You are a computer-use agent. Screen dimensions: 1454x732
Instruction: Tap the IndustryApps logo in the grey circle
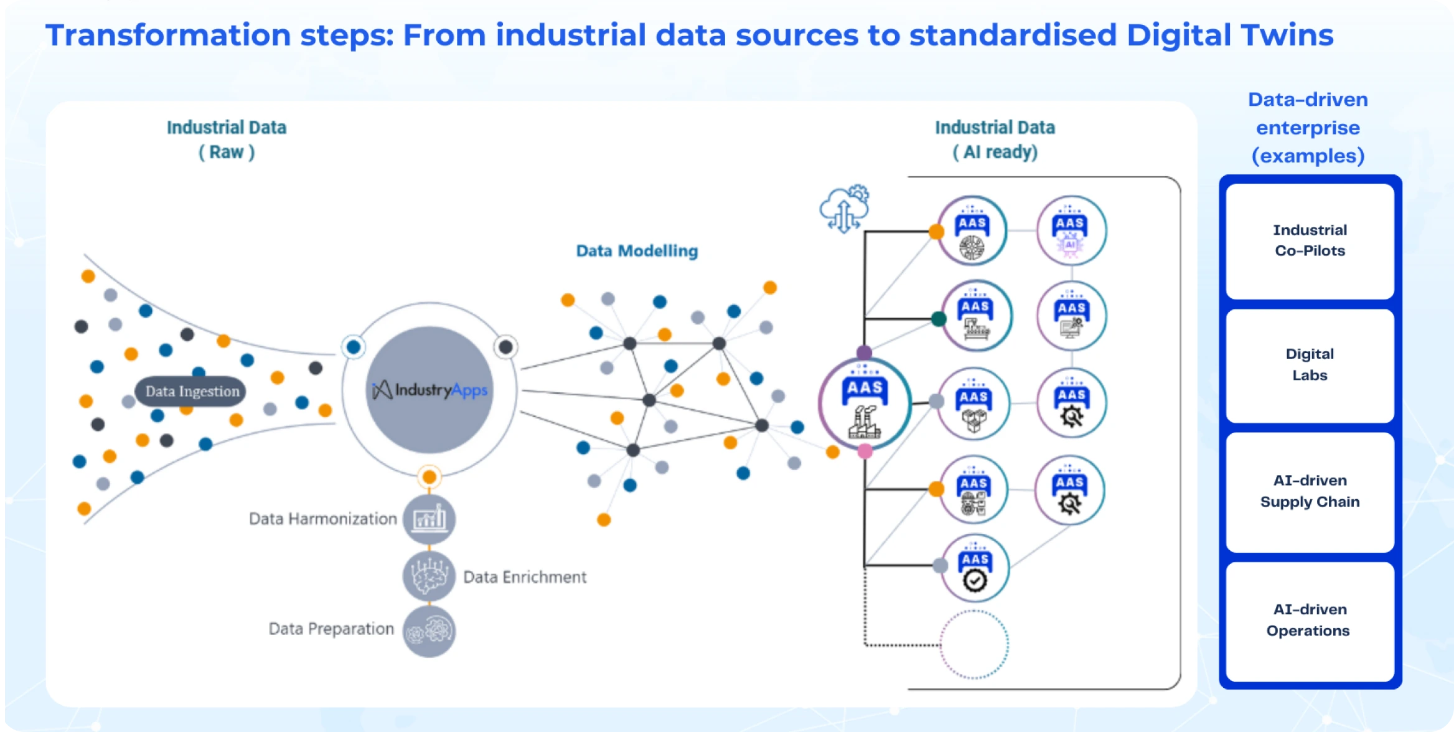(x=429, y=390)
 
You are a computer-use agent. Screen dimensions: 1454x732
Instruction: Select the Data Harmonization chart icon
(x=429, y=519)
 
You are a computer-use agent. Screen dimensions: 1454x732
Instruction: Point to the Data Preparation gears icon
(x=429, y=631)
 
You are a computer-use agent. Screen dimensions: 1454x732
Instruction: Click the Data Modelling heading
(x=637, y=251)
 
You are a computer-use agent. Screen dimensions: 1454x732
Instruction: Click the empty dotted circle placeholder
(x=974, y=644)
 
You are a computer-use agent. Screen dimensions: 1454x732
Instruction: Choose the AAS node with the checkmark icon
(x=975, y=568)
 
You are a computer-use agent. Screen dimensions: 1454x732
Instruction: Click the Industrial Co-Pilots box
(x=1310, y=241)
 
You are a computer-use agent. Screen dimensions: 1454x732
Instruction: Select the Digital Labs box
(x=1310, y=365)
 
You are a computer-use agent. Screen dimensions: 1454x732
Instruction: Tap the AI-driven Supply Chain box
(x=1310, y=492)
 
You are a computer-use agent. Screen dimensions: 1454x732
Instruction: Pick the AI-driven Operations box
(x=1310, y=621)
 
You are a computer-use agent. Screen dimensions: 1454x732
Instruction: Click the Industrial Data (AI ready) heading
(x=995, y=140)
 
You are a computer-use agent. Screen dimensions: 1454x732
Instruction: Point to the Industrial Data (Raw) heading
(x=227, y=140)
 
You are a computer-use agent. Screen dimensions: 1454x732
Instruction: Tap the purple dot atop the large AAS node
(x=864, y=353)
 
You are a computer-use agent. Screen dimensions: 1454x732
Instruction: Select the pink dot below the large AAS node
(x=865, y=451)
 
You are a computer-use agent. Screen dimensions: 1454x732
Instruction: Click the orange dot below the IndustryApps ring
(x=429, y=477)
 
